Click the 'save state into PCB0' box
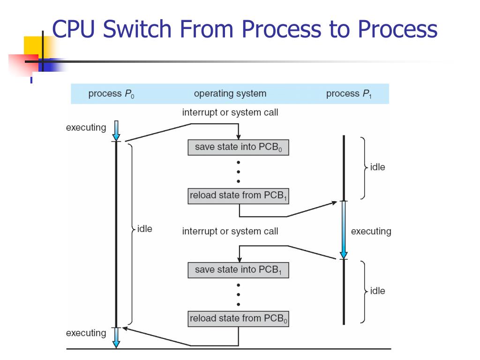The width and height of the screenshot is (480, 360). (x=238, y=148)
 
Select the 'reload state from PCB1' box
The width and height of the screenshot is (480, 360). (x=238, y=196)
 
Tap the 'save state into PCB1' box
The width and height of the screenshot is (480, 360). (x=238, y=270)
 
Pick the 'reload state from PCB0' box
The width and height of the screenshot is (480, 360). (x=238, y=319)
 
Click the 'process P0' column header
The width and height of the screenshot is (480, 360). (x=111, y=94)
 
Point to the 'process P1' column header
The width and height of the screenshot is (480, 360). (x=349, y=94)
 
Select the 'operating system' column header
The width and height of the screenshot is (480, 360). (x=230, y=94)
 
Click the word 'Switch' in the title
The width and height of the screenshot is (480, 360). (x=137, y=29)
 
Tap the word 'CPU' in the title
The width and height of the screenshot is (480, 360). (x=74, y=29)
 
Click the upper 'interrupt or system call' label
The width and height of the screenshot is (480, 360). (x=230, y=112)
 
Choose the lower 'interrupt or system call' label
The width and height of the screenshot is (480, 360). (x=230, y=231)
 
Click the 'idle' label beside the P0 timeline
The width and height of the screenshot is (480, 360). (x=144, y=229)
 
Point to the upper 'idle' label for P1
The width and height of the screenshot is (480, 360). (x=377, y=167)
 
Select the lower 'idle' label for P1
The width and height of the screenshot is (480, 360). (x=377, y=291)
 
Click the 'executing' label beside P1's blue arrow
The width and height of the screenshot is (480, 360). (x=371, y=231)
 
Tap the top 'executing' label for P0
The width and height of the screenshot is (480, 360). (x=86, y=127)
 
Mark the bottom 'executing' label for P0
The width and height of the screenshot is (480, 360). (x=86, y=333)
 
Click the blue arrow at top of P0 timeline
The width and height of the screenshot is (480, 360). (x=116, y=131)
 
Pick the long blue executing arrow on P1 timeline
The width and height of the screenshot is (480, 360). (x=344, y=230)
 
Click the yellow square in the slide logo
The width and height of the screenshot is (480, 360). (x=34, y=46)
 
